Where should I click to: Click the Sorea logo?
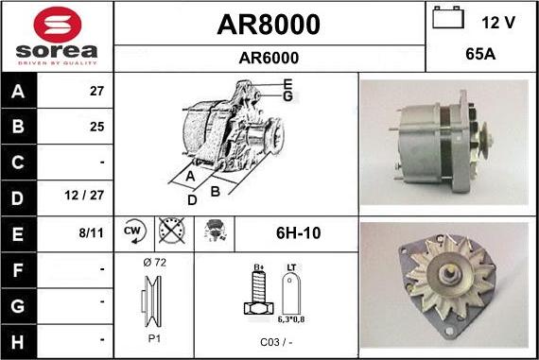tap(57, 36)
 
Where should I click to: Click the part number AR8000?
tap(269, 24)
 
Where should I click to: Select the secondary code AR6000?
tap(269, 58)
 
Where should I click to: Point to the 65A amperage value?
tap(481, 56)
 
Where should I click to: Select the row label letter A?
tap(19, 92)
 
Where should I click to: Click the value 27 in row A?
tap(96, 92)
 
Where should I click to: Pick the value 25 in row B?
tap(96, 126)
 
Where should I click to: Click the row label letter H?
tap(19, 337)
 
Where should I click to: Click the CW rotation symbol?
tap(133, 230)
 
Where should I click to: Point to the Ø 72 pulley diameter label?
tap(153, 263)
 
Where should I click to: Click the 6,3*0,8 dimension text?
tap(291, 321)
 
